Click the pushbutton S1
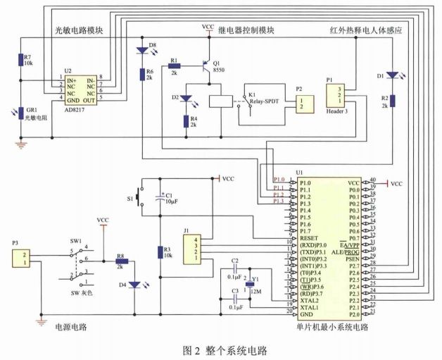pyautogui.click(x=141, y=198)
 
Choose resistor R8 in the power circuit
pyautogui.click(x=120, y=261)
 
